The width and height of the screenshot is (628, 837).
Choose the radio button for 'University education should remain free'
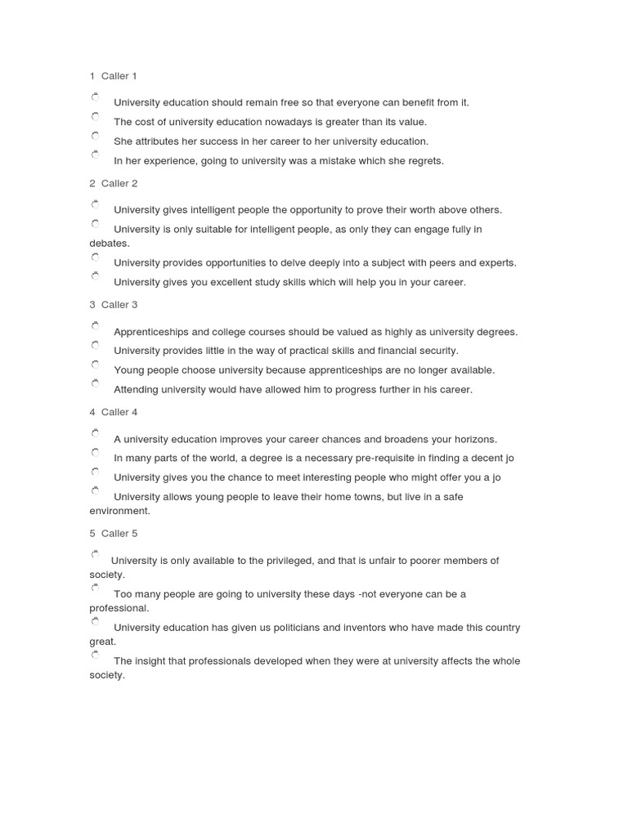pos(96,97)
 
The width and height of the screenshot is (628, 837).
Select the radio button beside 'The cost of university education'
pos(96,117)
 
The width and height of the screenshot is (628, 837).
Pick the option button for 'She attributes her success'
pos(96,136)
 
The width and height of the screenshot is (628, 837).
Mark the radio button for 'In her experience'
pos(96,154)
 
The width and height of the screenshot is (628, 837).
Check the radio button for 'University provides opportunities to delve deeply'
pos(96,257)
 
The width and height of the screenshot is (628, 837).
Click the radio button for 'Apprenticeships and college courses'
pos(96,326)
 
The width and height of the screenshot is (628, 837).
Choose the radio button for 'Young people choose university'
pos(96,365)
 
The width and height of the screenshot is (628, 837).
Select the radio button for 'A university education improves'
pos(96,433)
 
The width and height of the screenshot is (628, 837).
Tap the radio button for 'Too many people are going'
pos(96,589)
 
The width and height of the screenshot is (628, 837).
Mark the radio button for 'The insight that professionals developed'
pos(96,656)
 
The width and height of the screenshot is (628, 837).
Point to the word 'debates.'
pos(110,244)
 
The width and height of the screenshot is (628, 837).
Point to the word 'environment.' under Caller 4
pos(119,511)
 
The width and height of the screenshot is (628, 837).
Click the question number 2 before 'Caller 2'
pos(92,184)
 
